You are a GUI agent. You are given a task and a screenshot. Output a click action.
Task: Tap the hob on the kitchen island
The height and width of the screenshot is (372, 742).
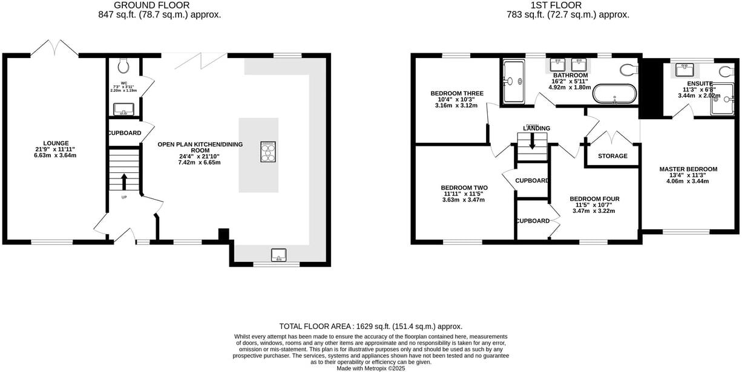tap(268, 152)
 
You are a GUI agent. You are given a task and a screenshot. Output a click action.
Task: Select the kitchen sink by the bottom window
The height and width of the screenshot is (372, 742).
tap(279, 255)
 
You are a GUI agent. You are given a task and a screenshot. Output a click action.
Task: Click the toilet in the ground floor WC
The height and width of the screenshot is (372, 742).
tap(124, 64)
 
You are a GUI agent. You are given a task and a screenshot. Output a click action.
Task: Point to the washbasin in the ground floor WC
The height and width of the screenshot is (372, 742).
tap(123, 109)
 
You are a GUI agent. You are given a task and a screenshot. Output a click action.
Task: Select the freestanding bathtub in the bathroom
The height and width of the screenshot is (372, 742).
tap(614, 94)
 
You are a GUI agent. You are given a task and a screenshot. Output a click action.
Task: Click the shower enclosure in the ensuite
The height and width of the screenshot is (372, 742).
tap(721, 99)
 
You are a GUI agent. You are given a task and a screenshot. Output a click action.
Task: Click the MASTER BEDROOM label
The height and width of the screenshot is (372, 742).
tap(688, 169)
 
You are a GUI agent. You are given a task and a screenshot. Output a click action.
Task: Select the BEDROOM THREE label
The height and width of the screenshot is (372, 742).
tap(457, 94)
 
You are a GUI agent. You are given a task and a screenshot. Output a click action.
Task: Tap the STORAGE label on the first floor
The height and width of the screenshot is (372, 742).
tap(612, 156)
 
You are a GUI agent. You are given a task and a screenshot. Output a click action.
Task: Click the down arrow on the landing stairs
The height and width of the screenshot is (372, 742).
tap(532, 142)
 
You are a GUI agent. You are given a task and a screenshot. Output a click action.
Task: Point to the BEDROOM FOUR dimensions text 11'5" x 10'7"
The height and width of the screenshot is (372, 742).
tap(594, 204)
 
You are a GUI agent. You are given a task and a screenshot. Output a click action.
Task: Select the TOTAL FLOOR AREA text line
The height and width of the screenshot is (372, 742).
tap(370, 326)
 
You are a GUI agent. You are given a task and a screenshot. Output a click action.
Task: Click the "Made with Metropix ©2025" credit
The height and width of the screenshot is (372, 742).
tap(370, 368)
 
